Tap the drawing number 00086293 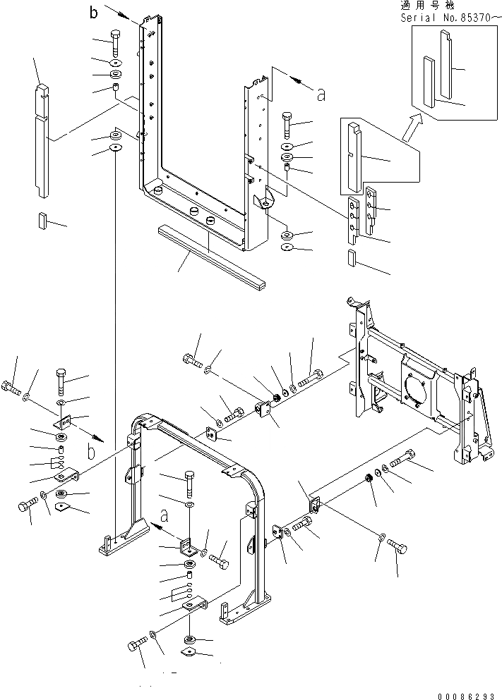tap(467, 694)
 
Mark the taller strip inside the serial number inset tap(446, 63)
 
